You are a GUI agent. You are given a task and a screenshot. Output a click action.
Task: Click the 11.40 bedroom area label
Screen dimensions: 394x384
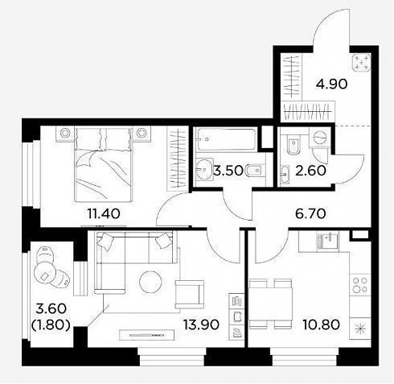(x=104, y=213)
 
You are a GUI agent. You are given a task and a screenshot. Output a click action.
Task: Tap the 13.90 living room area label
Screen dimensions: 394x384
(x=201, y=324)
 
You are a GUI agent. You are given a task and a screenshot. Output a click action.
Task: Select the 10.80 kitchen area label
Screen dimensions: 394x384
(x=321, y=324)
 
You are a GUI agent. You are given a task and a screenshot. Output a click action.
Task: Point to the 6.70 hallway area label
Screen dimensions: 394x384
(x=310, y=213)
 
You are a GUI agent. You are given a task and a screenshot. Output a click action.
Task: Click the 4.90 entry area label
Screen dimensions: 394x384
(x=331, y=85)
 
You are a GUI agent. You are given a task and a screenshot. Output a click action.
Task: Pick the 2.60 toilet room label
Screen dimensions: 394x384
(x=310, y=171)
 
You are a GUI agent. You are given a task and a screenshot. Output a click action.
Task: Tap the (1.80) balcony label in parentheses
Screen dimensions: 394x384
(x=51, y=325)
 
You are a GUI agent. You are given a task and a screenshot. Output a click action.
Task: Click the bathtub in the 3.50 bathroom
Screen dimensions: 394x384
(x=227, y=139)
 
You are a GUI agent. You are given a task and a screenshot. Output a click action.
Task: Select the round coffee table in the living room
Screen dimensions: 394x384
(x=150, y=282)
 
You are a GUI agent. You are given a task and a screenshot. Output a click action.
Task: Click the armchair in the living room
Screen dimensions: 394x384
(x=190, y=294)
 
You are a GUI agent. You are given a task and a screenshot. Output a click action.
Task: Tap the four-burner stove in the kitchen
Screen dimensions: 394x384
(x=360, y=285)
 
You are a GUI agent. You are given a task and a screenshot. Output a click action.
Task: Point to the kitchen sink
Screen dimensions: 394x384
(x=327, y=242)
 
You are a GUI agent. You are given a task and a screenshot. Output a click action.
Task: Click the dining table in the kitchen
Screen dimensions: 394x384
(x=270, y=303)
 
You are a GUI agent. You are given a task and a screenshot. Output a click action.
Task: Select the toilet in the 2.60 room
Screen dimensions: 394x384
(x=293, y=145)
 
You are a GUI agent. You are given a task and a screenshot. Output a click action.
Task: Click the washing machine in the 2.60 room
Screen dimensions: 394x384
(x=319, y=138)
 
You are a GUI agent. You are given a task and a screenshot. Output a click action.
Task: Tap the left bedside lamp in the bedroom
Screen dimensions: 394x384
(x=65, y=133)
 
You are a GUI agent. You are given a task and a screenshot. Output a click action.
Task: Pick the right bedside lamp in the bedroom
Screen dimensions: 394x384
(x=141, y=133)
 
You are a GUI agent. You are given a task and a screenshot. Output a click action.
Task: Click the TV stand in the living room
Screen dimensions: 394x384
(x=146, y=335)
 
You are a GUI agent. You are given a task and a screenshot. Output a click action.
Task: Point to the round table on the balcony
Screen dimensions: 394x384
(x=45, y=272)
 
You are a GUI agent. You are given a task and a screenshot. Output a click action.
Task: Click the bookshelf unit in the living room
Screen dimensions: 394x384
(x=236, y=316)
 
